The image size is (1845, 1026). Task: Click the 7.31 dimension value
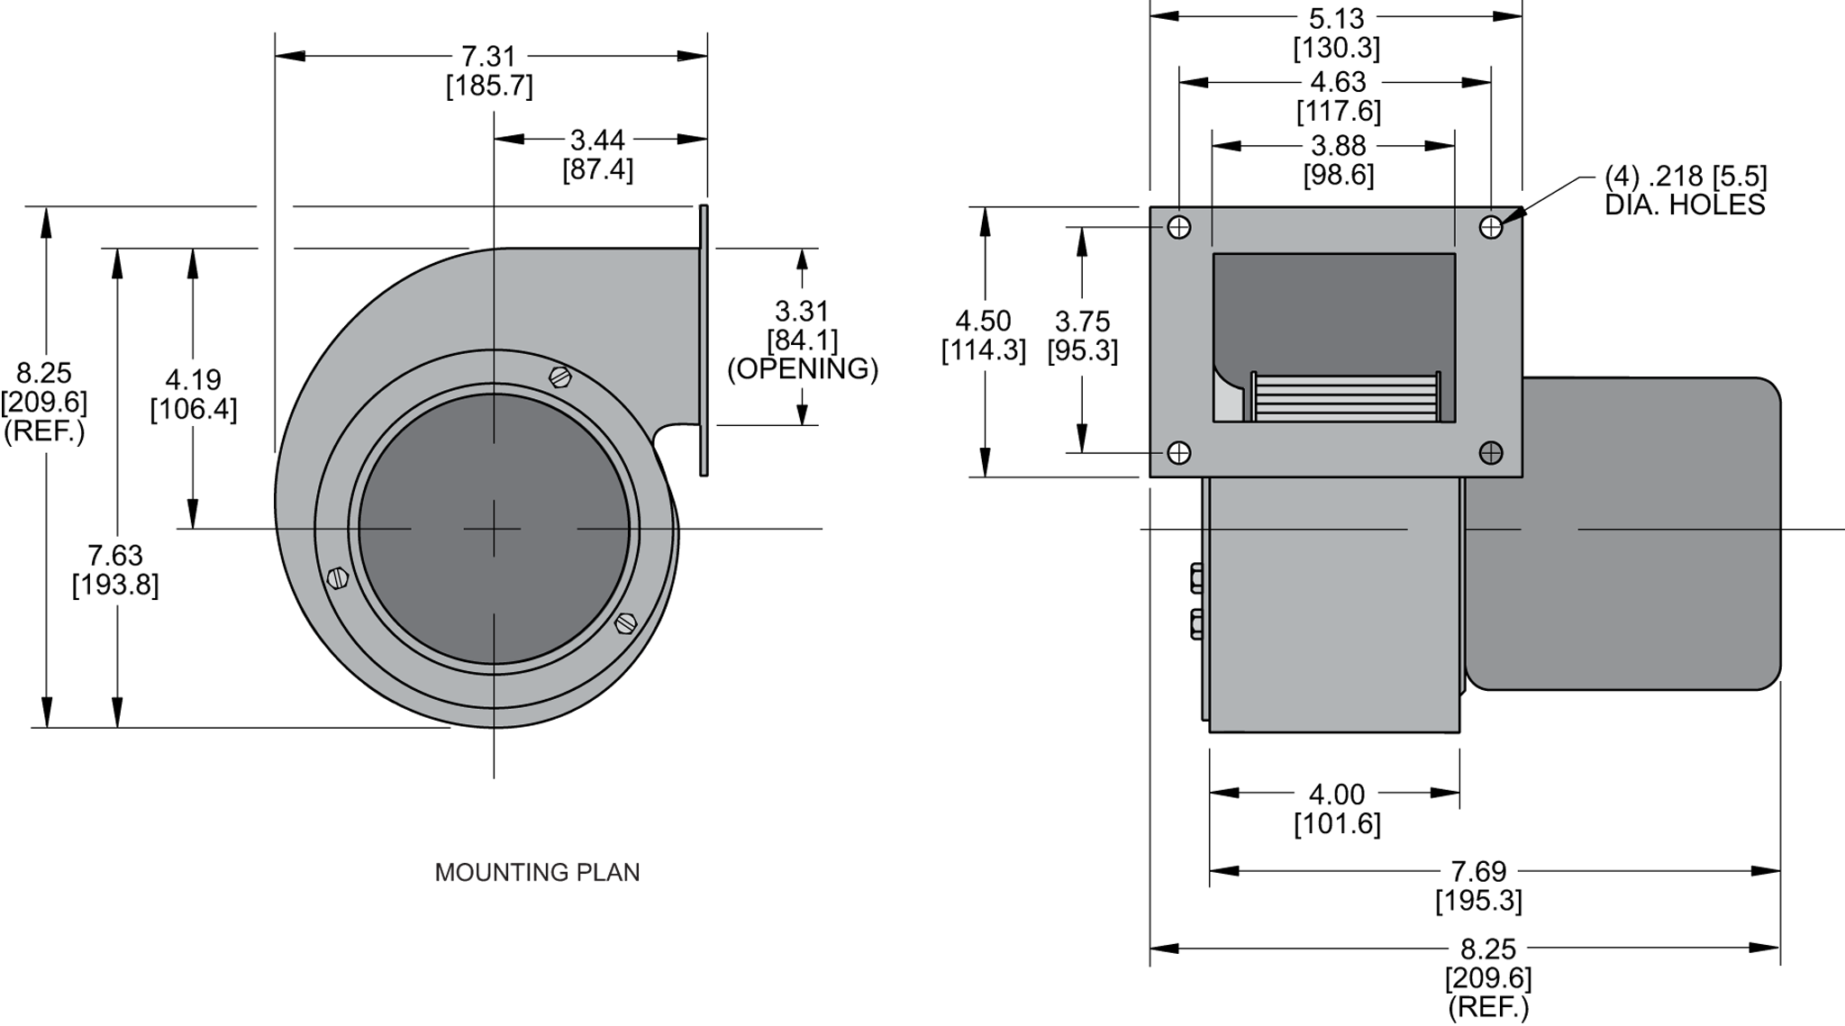click(x=488, y=57)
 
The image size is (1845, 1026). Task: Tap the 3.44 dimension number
click(x=597, y=141)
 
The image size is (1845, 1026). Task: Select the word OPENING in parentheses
click(x=802, y=368)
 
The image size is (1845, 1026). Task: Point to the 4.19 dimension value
click(x=193, y=379)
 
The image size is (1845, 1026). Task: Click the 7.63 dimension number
click(x=115, y=555)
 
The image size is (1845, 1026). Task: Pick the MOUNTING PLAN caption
click(x=537, y=872)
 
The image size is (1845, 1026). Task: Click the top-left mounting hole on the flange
click(x=1178, y=227)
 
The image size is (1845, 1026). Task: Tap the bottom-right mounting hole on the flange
click(x=1491, y=452)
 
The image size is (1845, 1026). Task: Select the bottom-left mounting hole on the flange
click(x=1178, y=452)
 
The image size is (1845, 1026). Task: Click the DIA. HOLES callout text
click(x=1685, y=204)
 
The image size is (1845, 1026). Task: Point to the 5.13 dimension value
click(x=1337, y=18)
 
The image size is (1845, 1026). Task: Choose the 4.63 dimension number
click(x=1338, y=82)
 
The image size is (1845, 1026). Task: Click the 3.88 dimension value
click(x=1338, y=146)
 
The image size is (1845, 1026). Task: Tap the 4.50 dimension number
click(x=983, y=321)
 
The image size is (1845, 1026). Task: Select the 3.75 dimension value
click(x=1082, y=322)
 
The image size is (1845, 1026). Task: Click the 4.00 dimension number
click(x=1337, y=794)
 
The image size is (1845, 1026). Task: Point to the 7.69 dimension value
click(x=1478, y=871)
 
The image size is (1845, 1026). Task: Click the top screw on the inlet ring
click(x=560, y=377)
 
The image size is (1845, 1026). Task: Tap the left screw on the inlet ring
click(x=337, y=577)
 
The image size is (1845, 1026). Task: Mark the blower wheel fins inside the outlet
click(x=1345, y=398)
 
